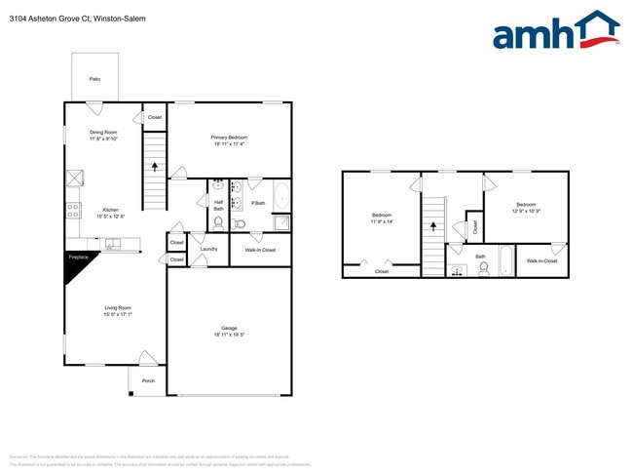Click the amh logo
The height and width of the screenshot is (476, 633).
point(556,31)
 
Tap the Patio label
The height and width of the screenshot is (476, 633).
point(95,78)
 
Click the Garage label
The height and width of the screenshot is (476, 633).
point(229,329)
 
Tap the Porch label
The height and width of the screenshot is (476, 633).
point(148,380)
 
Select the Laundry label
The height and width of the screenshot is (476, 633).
point(208,249)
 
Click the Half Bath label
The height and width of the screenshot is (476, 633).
point(219,205)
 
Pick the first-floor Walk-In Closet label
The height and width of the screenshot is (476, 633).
point(260,250)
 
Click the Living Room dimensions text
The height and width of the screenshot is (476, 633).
point(118,314)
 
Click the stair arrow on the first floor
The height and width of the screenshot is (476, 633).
point(154,166)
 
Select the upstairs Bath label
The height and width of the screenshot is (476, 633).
point(480,257)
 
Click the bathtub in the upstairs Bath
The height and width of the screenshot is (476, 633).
point(507,261)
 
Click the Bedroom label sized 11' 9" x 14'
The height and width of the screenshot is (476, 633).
point(382,216)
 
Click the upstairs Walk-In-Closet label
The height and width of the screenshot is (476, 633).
point(542,260)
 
